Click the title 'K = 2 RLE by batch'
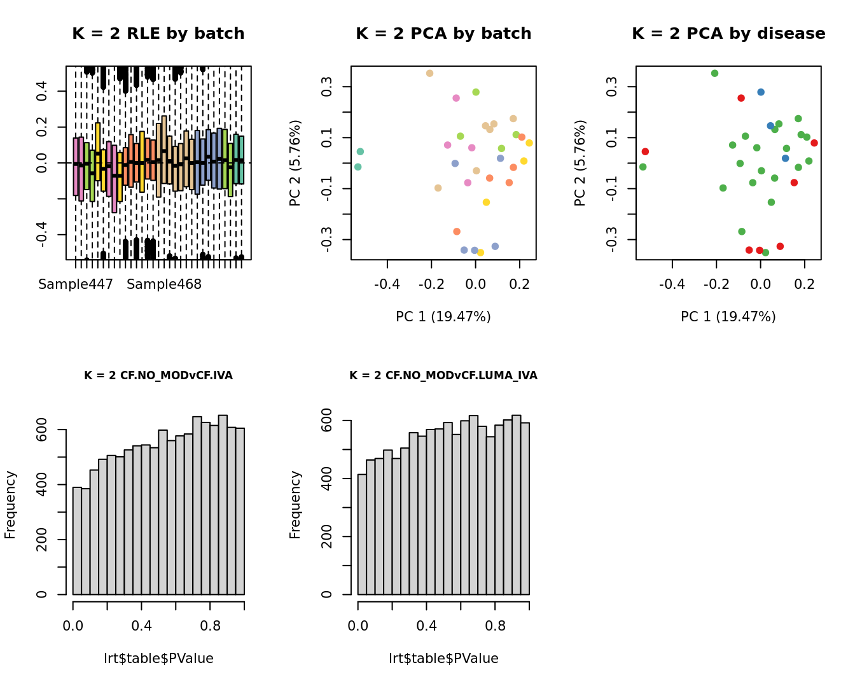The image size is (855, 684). [158, 34]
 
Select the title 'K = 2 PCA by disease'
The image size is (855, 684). [728, 34]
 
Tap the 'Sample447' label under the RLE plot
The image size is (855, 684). [75, 284]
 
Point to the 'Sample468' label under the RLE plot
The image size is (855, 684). [164, 284]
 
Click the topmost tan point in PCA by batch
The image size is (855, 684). [429, 74]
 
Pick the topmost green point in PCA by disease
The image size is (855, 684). [714, 74]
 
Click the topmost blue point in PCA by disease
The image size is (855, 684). [761, 92]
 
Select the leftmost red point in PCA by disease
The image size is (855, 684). [645, 151]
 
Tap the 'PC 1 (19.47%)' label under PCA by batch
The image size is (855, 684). [443, 317]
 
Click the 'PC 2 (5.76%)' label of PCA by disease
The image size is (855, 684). [580, 163]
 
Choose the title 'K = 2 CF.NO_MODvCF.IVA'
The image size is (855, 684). [158, 375]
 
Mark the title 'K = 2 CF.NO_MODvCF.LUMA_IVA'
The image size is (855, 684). [443, 375]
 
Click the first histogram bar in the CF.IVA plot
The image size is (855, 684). [77, 541]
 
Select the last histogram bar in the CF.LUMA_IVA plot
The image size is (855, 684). [525, 509]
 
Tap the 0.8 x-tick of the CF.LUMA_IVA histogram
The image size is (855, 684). [495, 626]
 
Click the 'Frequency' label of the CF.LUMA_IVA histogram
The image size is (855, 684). [295, 505]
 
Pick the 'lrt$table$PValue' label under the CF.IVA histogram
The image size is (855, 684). [158, 659]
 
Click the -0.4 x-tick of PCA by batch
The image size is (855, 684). [387, 284]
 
